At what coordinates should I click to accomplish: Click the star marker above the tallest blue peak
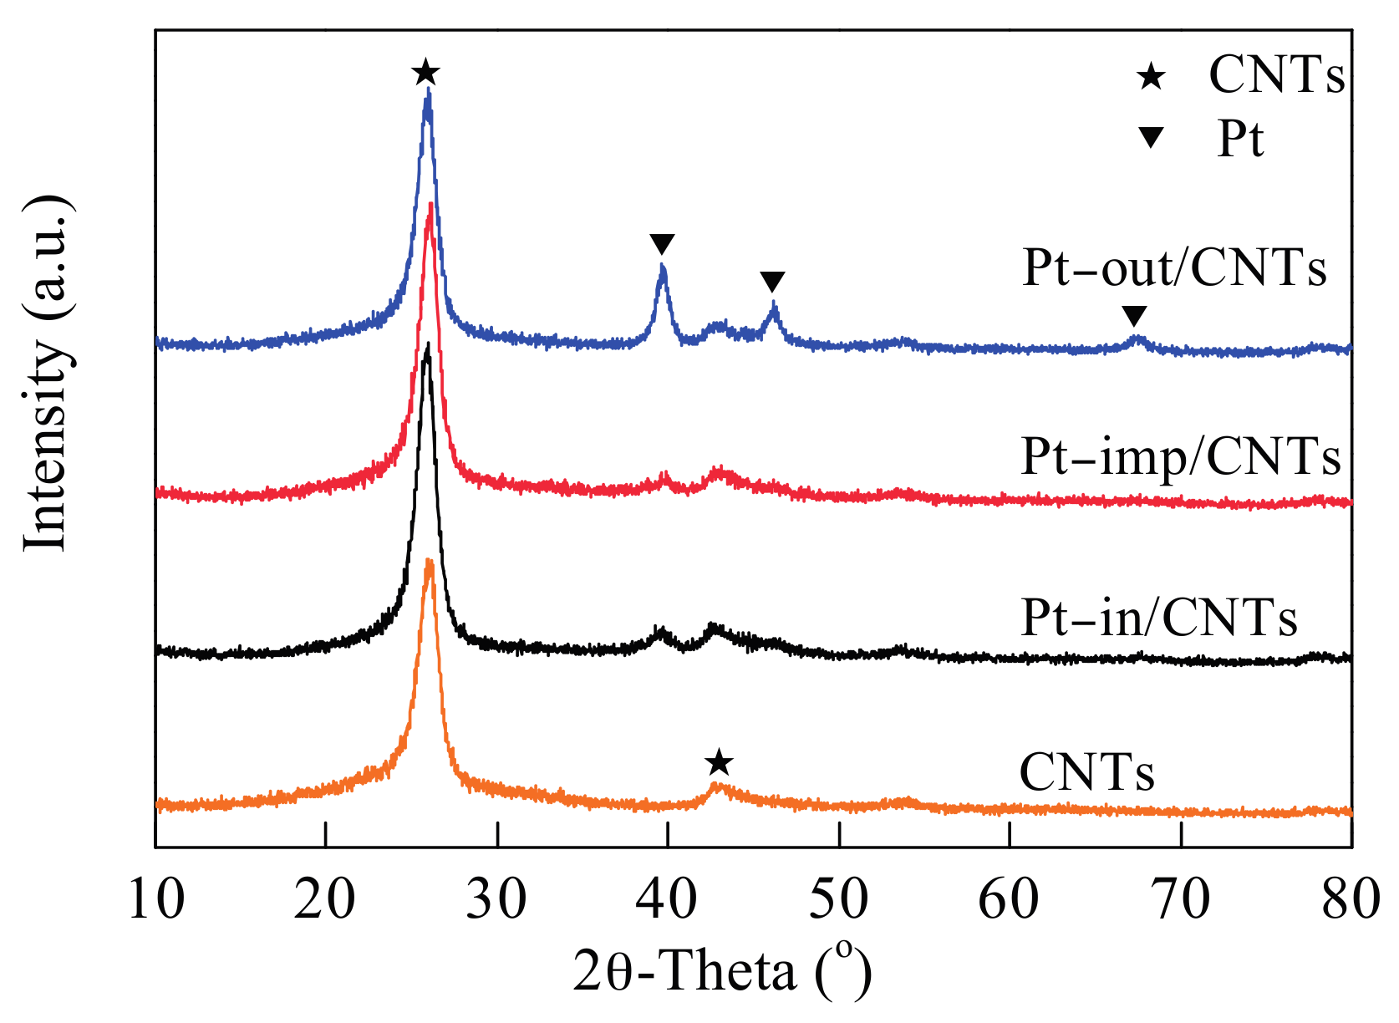[x=426, y=73]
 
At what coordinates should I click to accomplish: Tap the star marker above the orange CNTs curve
[x=719, y=763]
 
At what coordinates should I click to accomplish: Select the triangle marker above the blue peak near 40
[x=662, y=245]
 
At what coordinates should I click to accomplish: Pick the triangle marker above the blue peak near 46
[x=773, y=282]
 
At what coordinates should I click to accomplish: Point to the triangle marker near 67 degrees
[x=1134, y=316]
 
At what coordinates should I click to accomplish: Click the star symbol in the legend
[x=1151, y=78]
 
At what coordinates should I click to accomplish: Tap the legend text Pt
[x=1240, y=139]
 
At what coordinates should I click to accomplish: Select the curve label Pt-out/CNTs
[x=1174, y=269]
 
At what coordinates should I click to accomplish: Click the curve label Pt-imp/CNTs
[x=1181, y=457]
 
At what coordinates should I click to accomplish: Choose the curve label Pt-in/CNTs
[x=1159, y=618]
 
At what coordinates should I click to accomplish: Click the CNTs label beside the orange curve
[x=1086, y=772]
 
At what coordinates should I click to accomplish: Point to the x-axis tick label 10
[x=156, y=900]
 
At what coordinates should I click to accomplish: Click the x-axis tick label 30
[x=496, y=900]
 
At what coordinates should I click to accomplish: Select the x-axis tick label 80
[x=1350, y=900]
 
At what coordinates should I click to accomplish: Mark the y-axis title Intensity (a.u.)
[x=45, y=374]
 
